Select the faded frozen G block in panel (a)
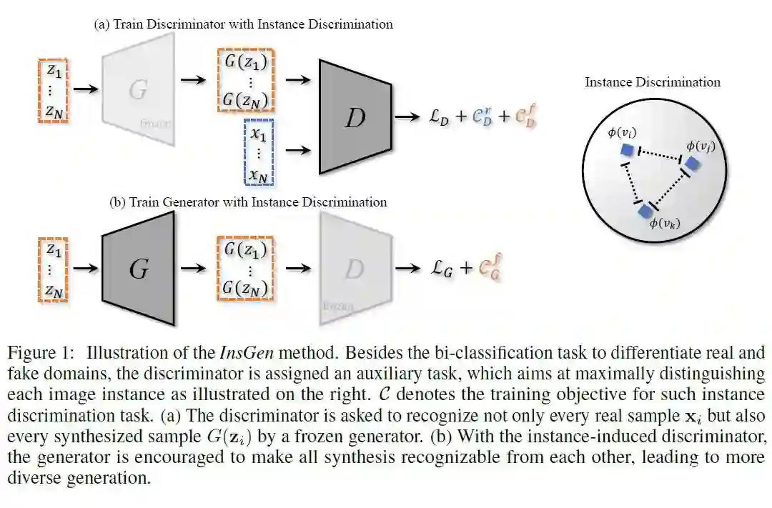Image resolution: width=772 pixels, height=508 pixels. (x=139, y=89)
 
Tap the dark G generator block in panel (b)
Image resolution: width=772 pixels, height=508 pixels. (x=139, y=268)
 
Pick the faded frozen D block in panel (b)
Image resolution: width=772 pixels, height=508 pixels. (x=355, y=268)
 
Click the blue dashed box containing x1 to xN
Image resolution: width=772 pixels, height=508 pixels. (x=258, y=154)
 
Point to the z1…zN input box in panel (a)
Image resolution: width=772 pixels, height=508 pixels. (x=53, y=91)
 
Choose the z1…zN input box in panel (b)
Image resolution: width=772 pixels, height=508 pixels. (x=53, y=270)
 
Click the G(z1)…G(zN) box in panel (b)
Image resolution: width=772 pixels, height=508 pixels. (x=245, y=269)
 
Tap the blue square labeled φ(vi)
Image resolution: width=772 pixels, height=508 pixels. (x=627, y=150)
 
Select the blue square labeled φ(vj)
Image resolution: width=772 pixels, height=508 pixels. (x=691, y=164)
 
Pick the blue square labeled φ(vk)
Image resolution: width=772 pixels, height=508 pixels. (x=645, y=210)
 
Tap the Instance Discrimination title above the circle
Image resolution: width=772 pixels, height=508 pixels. (x=652, y=82)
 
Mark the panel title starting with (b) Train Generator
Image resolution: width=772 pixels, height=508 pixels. (x=248, y=202)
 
